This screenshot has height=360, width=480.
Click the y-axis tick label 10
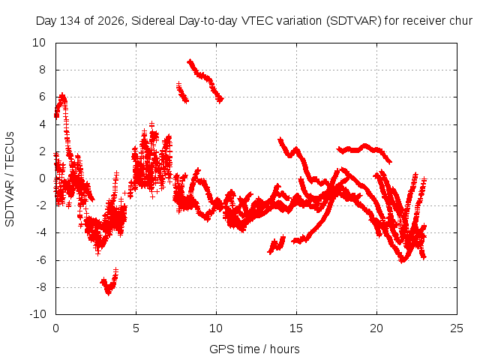click(39, 43)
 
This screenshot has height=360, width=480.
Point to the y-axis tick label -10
click(37, 314)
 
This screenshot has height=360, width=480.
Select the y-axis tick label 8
click(42, 70)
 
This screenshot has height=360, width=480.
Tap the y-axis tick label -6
click(40, 260)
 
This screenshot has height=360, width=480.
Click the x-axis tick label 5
click(136, 328)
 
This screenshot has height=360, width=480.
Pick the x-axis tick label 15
click(296, 328)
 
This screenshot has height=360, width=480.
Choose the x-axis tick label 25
click(457, 328)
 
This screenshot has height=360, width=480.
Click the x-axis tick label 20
click(376, 328)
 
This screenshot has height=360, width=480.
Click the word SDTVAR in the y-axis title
click(10, 203)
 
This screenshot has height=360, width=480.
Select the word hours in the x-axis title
click(285, 349)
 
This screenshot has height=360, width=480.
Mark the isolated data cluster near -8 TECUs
click(109, 282)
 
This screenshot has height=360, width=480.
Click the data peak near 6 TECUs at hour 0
click(62, 97)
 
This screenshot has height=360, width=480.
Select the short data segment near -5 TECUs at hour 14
click(277, 244)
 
